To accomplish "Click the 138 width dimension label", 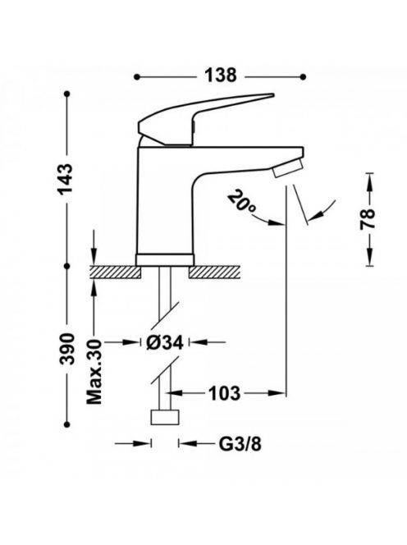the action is tap(221, 76).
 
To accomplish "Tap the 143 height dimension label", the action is tap(66, 179).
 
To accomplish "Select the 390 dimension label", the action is tap(66, 349).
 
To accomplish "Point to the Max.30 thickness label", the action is tap(94, 372).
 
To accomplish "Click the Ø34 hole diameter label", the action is tap(165, 343).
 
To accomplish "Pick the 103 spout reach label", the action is tap(224, 393).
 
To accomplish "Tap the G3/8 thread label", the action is tap(240, 443).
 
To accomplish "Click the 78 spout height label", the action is tap(368, 219).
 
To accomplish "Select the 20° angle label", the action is tap(242, 202).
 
